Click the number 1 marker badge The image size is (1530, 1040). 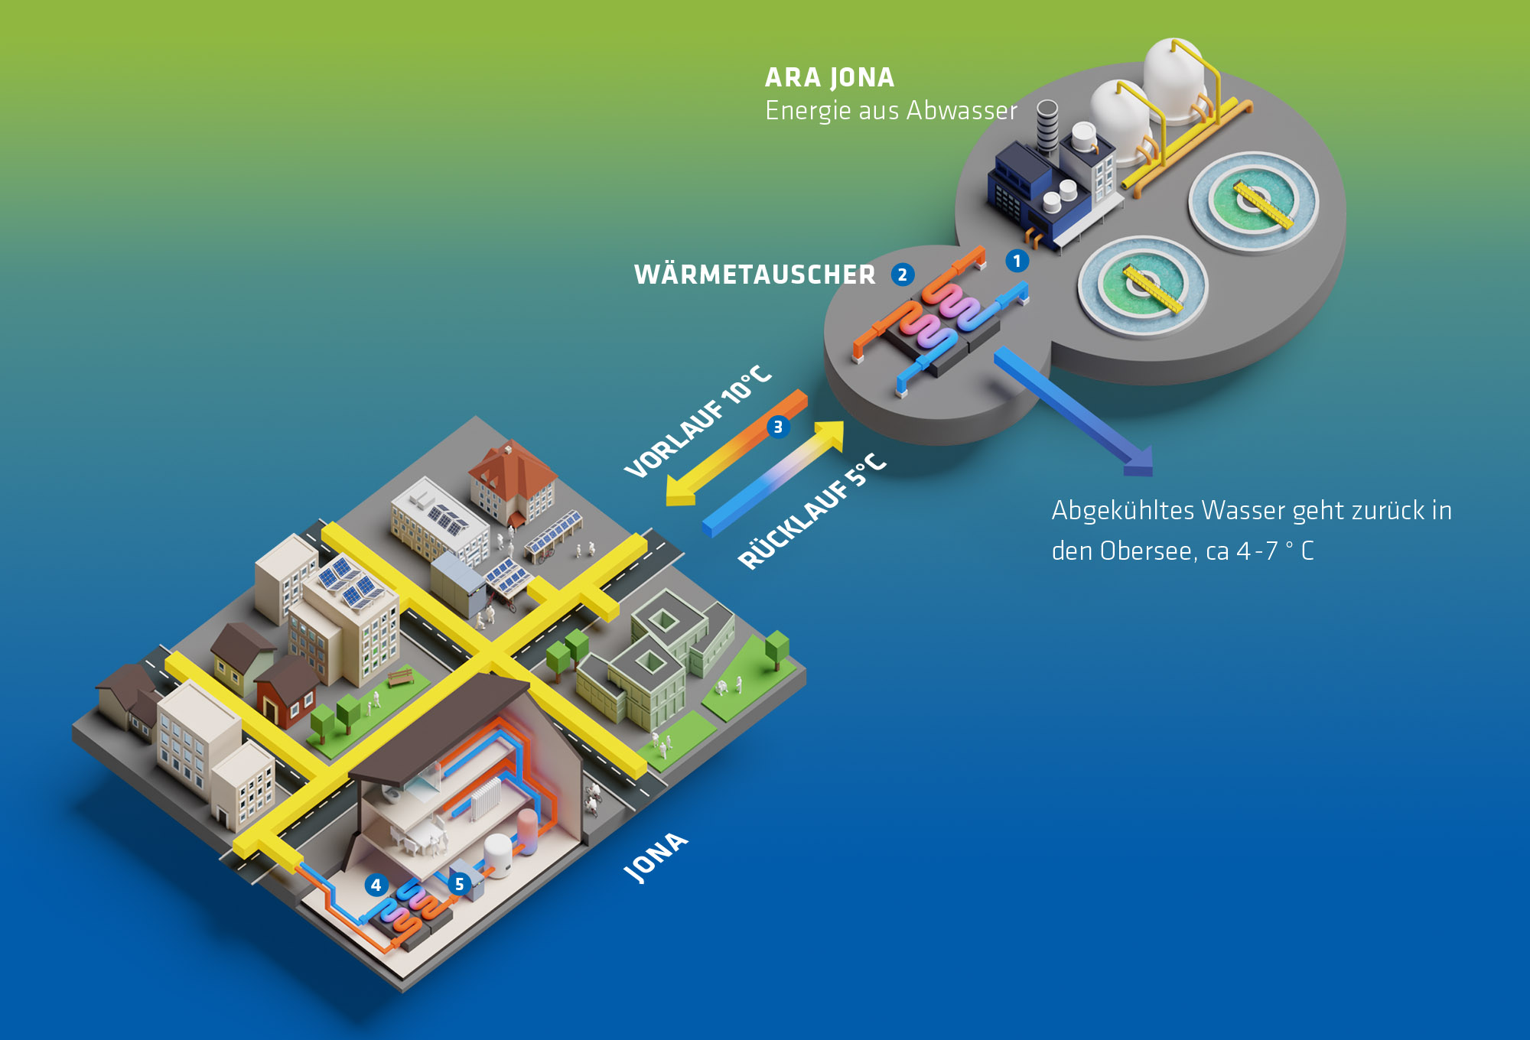(1017, 261)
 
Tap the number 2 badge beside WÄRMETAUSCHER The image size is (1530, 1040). (903, 275)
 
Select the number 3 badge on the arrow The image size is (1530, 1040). (778, 427)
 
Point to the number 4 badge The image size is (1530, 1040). (376, 885)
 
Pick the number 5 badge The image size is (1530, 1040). (459, 884)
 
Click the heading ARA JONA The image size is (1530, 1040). (829, 77)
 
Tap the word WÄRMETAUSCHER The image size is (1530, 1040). (754, 275)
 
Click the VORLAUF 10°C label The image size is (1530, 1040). (697, 421)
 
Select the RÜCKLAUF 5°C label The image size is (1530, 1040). (812, 512)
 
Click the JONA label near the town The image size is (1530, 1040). (655, 857)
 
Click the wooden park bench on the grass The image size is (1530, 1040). (400, 677)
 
